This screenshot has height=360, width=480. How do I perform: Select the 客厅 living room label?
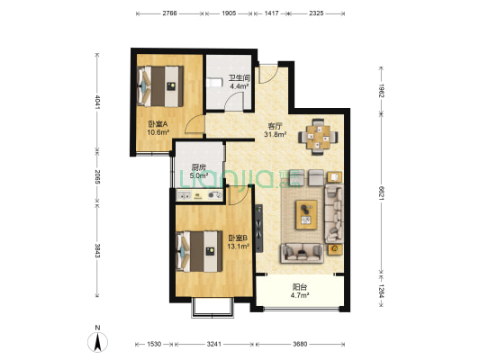[x=275, y=126]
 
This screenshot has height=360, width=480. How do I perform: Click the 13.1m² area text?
[x=237, y=247]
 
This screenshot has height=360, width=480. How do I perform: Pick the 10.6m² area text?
[x=158, y=131]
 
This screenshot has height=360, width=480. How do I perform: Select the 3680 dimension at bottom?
[x=301, y=345]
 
